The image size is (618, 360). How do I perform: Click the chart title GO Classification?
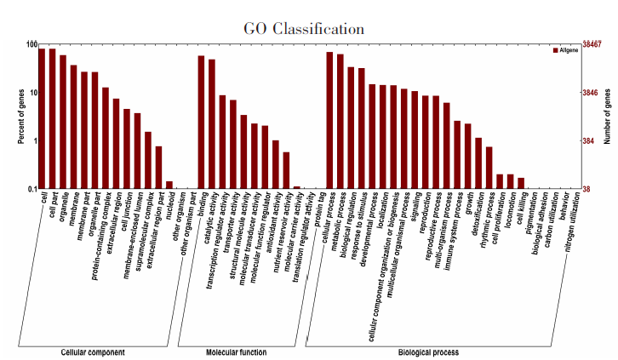click(x=304, y=29)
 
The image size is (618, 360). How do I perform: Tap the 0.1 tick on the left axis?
click(x=29, y=189)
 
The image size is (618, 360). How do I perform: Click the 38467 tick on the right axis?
click(x=594, y=43)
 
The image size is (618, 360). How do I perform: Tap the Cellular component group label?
click(x=94, y=352)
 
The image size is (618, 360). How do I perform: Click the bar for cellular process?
click(x=329, y=120)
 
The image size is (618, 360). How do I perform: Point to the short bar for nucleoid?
click(x=169, y=185)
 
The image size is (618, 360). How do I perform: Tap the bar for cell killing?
click(x=521, y=183)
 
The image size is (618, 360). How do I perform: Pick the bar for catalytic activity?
click(x=212, y=124)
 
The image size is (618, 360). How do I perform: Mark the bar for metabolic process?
click(x=340, y=122)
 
